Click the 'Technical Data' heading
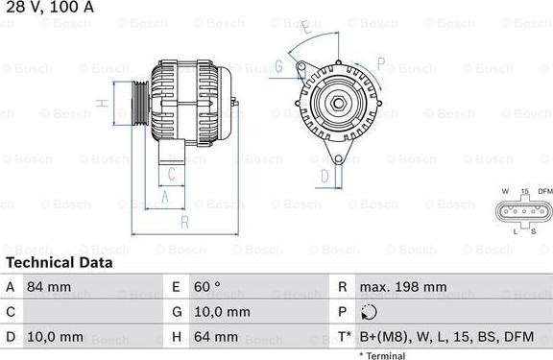point(59,262)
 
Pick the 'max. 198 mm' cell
point(402,287)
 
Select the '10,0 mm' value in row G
point(224,312)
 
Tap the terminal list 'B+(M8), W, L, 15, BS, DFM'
point(445,337)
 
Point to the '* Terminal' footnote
point(382,355)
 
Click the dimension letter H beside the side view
point(99,103)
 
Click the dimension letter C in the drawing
point(171,174)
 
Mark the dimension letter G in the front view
point(277,66)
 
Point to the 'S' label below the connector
point(531,231)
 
